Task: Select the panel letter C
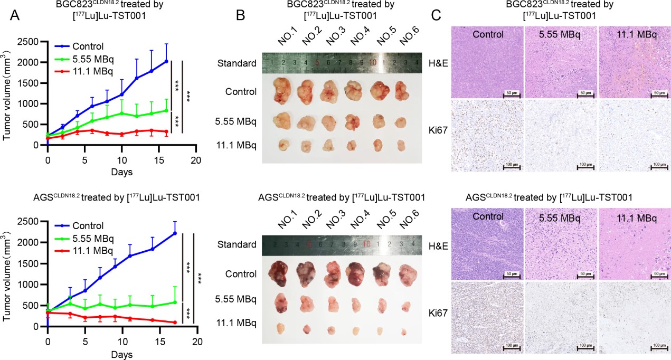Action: (x=437, y=16)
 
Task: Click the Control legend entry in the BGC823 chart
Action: (x=88, y=46)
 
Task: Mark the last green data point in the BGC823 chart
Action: (x=166, y=110)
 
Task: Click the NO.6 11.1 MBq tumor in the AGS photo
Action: (x=404, y=331)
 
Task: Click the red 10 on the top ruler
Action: (x=372, y=62)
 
